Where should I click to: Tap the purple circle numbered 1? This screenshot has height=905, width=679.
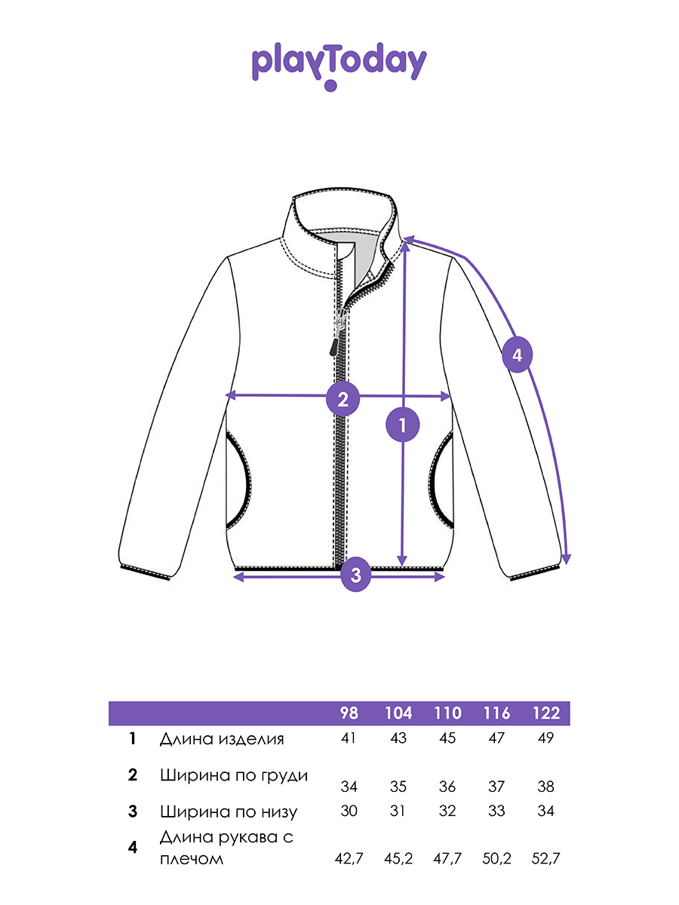pos(402,425)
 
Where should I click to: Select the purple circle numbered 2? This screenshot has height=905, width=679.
pos(343,399)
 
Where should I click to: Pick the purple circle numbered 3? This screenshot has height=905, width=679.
pos(355,575)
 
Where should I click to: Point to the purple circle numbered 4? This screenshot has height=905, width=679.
pos(517,355)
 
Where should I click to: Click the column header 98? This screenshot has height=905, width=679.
pos(349,713)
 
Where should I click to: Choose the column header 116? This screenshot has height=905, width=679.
pos(496,713)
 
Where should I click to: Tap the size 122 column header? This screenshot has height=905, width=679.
pos(545,713)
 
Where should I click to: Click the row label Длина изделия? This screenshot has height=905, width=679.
pos(222,739)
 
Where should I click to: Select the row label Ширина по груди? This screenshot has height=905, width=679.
pos(234,776)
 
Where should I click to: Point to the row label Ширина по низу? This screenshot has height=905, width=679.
pos(229,811)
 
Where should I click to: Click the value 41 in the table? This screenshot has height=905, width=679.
pos(349,738)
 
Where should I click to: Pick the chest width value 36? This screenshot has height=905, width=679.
pos(447,787)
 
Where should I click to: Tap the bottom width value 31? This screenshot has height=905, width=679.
pos(398,811)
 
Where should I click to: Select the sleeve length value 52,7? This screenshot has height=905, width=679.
pos(545,859)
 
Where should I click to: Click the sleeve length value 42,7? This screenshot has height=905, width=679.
pos(349,859)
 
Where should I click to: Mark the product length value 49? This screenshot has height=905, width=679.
pos(545,738)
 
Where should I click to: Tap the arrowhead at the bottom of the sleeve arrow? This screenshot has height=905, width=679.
pos(567,559)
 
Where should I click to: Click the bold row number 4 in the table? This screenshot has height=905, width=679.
pos(132,847)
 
